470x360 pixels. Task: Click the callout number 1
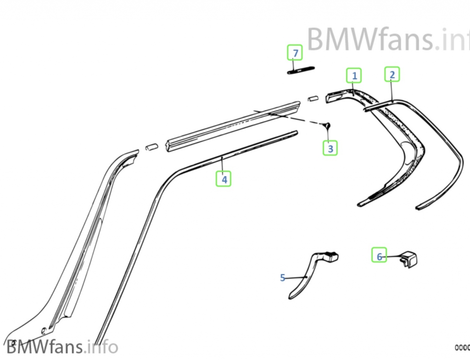point(354,75)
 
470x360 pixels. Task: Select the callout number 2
point(392,74)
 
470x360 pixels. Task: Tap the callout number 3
point(330,148)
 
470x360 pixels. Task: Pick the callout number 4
point(224,179)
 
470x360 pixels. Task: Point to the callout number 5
point(283,277)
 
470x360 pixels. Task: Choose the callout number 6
point(379,256)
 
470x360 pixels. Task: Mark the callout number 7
point(295,53)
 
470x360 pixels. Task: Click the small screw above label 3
point(327,125)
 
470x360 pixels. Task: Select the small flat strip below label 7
point(301,70)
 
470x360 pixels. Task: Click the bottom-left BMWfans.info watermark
point(62,347)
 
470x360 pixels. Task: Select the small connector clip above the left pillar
point(151,147)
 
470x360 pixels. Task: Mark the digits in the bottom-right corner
point(462,348)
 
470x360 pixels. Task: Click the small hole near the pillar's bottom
point(43,329)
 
